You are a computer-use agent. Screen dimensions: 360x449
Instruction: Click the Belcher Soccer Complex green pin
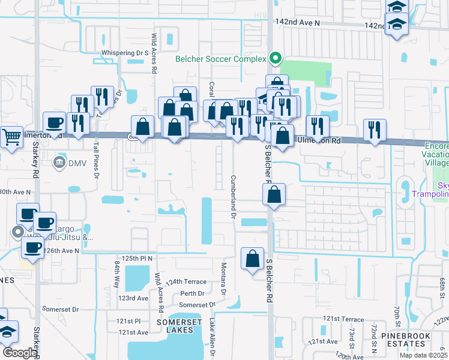tap(276, 58)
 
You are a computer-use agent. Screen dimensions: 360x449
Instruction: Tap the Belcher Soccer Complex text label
tap(220, 59)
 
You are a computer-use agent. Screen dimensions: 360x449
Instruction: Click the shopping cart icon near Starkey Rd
tap(11, 137)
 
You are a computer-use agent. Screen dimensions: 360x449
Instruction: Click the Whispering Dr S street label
tap(124, 53)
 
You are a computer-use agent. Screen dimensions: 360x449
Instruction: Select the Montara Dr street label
tap(223, 278)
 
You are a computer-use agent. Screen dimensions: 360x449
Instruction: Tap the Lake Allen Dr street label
tap(211, 338)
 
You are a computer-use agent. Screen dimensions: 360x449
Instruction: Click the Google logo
tap(19, 353)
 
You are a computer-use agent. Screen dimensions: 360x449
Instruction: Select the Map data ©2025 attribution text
tap(423, 355)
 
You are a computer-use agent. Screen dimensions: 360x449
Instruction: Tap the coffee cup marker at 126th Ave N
tap(34, 246)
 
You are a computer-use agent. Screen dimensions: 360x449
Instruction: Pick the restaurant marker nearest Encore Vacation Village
tap(375, 130)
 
